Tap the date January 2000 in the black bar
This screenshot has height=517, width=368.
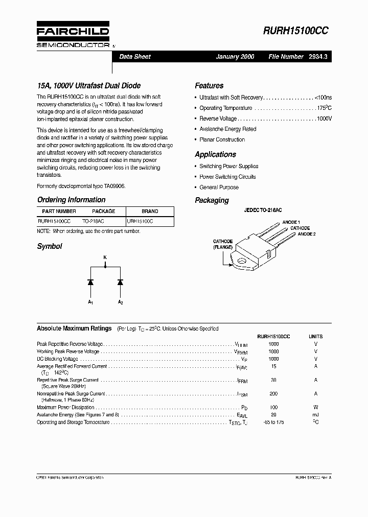(235, 57)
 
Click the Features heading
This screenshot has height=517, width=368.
(209, 86)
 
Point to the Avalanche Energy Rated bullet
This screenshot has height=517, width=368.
(227, 129)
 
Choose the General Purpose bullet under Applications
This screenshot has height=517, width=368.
(219, 187)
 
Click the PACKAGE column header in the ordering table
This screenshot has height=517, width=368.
(103, 212)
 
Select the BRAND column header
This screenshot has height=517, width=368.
(150, 212)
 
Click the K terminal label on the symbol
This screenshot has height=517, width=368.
(105, 257)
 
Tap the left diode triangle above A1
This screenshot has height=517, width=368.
(90, 281)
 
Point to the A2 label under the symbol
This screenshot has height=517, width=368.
(121, 303)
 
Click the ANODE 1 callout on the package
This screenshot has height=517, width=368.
(291, 222)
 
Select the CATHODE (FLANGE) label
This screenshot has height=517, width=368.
(223, 244)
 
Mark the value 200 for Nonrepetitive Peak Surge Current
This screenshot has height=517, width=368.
(274, 394)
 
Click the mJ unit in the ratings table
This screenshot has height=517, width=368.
(316, 415)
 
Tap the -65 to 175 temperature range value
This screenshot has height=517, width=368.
(274, 422)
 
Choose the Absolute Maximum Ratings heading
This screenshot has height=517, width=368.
(74, 328)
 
